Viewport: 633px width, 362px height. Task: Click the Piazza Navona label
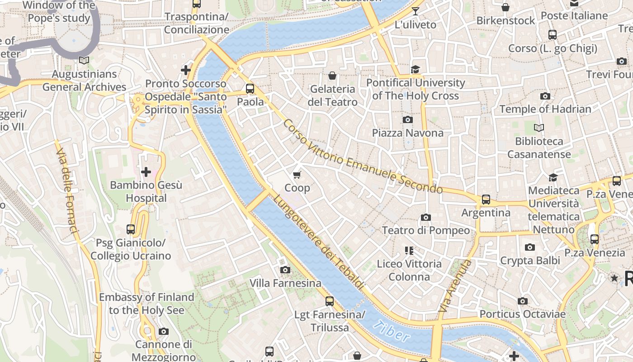(407, 133)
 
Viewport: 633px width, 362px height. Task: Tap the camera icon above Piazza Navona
(407, 119)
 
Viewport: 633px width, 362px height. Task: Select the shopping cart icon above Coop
(297, 175)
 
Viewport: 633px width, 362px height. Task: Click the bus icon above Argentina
(486, 199)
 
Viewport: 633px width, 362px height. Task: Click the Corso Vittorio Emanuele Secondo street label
(362, 157)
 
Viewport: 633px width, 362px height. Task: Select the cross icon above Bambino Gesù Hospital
(146, 172)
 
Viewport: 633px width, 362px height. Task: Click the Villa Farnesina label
(285, 283)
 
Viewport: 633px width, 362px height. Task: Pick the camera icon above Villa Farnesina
(285, 270)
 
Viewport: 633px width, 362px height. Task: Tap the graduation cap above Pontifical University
(415, 69)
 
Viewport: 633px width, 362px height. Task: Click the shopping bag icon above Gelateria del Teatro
(332, 76)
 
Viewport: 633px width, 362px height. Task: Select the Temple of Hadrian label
(545, 109)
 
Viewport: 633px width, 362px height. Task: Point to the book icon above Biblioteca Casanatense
(539, 128)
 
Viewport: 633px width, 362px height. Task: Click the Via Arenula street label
(455, 286)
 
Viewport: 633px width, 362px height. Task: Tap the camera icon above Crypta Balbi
(529, 247)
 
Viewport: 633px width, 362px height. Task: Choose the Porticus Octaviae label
(522, 314)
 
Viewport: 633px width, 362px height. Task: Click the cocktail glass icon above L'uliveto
(415, 11)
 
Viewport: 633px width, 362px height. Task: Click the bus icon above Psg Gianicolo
(131, 229)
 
